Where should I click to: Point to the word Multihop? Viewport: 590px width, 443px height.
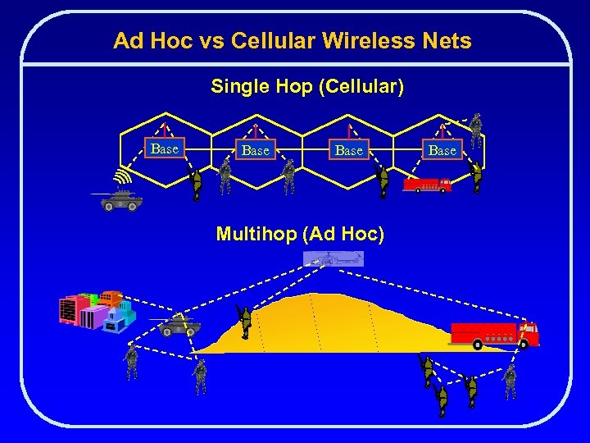[x=256, y=234]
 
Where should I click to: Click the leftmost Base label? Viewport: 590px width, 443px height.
[x=165, y=148]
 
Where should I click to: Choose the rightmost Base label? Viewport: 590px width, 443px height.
[x=442, y=150]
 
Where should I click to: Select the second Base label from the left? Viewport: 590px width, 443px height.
[x=256, y=150]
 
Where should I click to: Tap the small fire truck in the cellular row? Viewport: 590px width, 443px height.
[x=427, y=185]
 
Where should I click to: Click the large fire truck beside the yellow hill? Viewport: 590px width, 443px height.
[x=495, y=334]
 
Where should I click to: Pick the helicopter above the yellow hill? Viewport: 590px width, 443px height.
[x=334, y=259]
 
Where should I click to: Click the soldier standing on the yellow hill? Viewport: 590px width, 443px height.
[x=243, y=321]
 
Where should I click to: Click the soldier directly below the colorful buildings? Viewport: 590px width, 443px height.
[x=131, y=362]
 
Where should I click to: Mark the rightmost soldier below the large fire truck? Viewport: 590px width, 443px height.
[x=510, y=381]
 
